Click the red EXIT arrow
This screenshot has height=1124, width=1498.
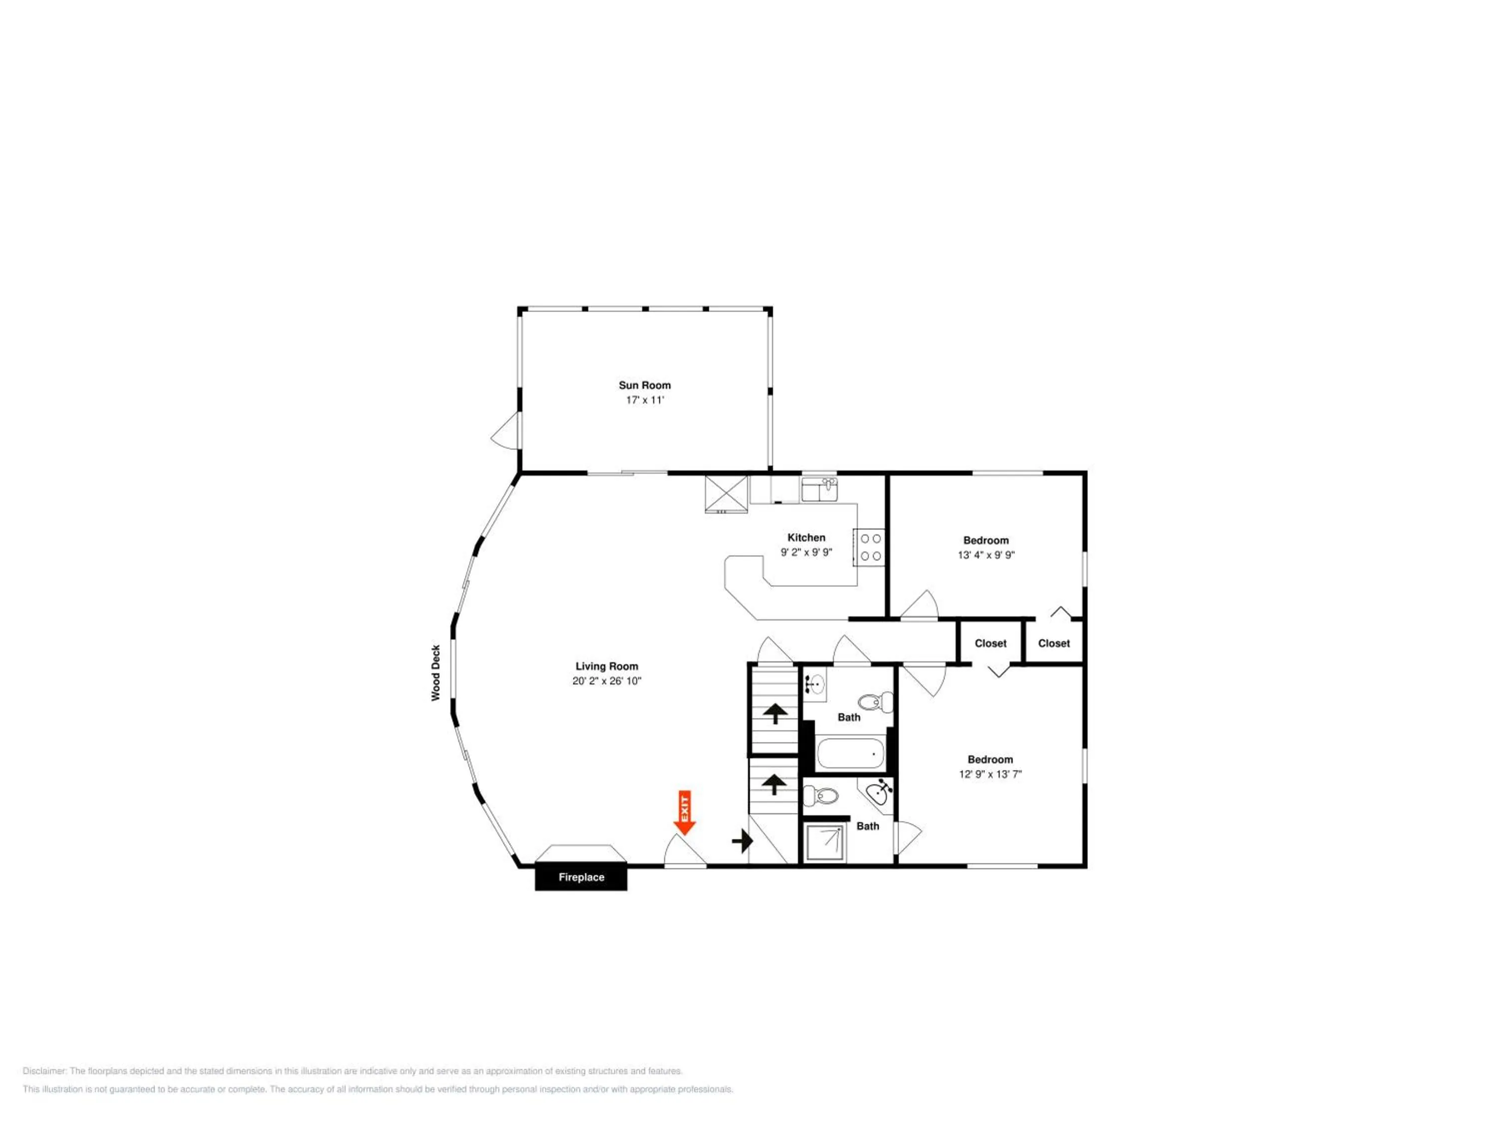(685, 812)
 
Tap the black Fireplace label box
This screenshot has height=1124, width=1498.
(581, 877)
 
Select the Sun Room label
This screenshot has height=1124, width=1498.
(645, 385)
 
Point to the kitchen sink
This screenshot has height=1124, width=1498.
(819, 489)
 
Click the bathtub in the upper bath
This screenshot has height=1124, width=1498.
(850, 753)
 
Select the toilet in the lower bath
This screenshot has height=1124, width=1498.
(821, 795)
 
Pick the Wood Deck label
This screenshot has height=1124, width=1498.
(435, 673)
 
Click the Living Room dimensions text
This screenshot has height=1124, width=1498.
(607, 681)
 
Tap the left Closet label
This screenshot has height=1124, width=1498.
(991, 643)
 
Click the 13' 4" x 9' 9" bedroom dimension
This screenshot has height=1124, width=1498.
(986, 555)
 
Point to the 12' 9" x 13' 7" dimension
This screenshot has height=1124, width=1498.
(990, 774)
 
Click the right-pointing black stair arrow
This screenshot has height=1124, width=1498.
(743, 841)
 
